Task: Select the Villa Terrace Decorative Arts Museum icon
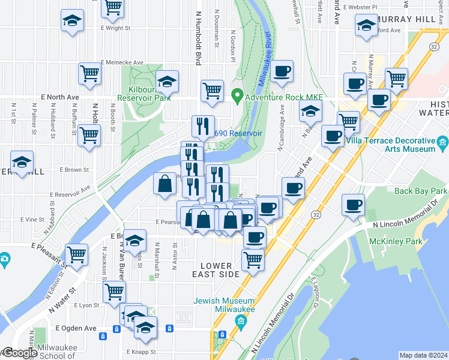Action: point(443,142)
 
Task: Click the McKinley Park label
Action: point(419,242)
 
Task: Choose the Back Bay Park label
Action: point(421,191)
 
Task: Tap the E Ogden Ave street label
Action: point(76,328)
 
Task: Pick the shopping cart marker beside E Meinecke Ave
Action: point(89,74)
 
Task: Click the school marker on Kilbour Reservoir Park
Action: point(167,81)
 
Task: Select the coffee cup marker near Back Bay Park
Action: point(353,205)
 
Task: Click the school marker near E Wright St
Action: point(72,21)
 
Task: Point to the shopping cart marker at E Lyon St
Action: point(113,292)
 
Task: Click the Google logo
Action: point(19,353)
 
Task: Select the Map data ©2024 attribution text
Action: point(423,355)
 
